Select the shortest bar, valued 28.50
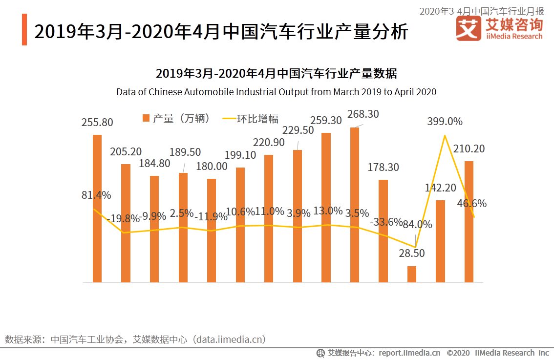pyautogui.click(x=412, y=274)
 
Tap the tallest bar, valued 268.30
pyautogui.click(x=355, y=205)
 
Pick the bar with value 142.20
pyautogui.click(x=440, y=241)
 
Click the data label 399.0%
pyautogui.click(x=445, y=122)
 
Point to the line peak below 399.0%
pyautogui.click(x=445, y=135)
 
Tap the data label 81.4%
pyautogui.click(x=96, y=195)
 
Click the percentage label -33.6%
pyautogui.click(x=385, y=222)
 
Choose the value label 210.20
pyautogui.click(x=469, y=149)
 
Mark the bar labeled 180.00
pyautogui.click(x=212, y=231)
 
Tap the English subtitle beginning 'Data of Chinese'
pyautogui.click(x=277, y=92)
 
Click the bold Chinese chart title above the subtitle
pyautogui.click(x=277, y=74)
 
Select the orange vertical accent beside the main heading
pyautogui.click(x=24, y=30)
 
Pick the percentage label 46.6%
pyautogui.click(x=471, y=204)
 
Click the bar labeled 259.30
pyautogui.click(x=326, y=208)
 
